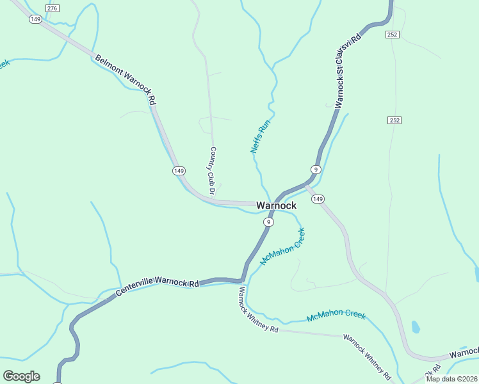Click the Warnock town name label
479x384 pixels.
click(x=276, y=205)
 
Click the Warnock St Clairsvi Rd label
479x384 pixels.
click(x=347, y=70)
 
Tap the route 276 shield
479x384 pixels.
click(x=53, y=7)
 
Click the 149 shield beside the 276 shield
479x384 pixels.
click(x=35, y=19)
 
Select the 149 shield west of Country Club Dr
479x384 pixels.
click(x=179, y=170)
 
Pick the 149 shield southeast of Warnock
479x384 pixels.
click(x=318, y=199)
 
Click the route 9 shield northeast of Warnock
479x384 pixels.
click(x=316, y=170)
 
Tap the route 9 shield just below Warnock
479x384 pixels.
click(x=268, y=221)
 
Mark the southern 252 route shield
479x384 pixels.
click(x=394, y=120)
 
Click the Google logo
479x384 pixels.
click(x=21, y=376)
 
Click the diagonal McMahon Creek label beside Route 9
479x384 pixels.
click(x=282, y=246)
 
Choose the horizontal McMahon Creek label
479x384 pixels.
click(x=336, y=316)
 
